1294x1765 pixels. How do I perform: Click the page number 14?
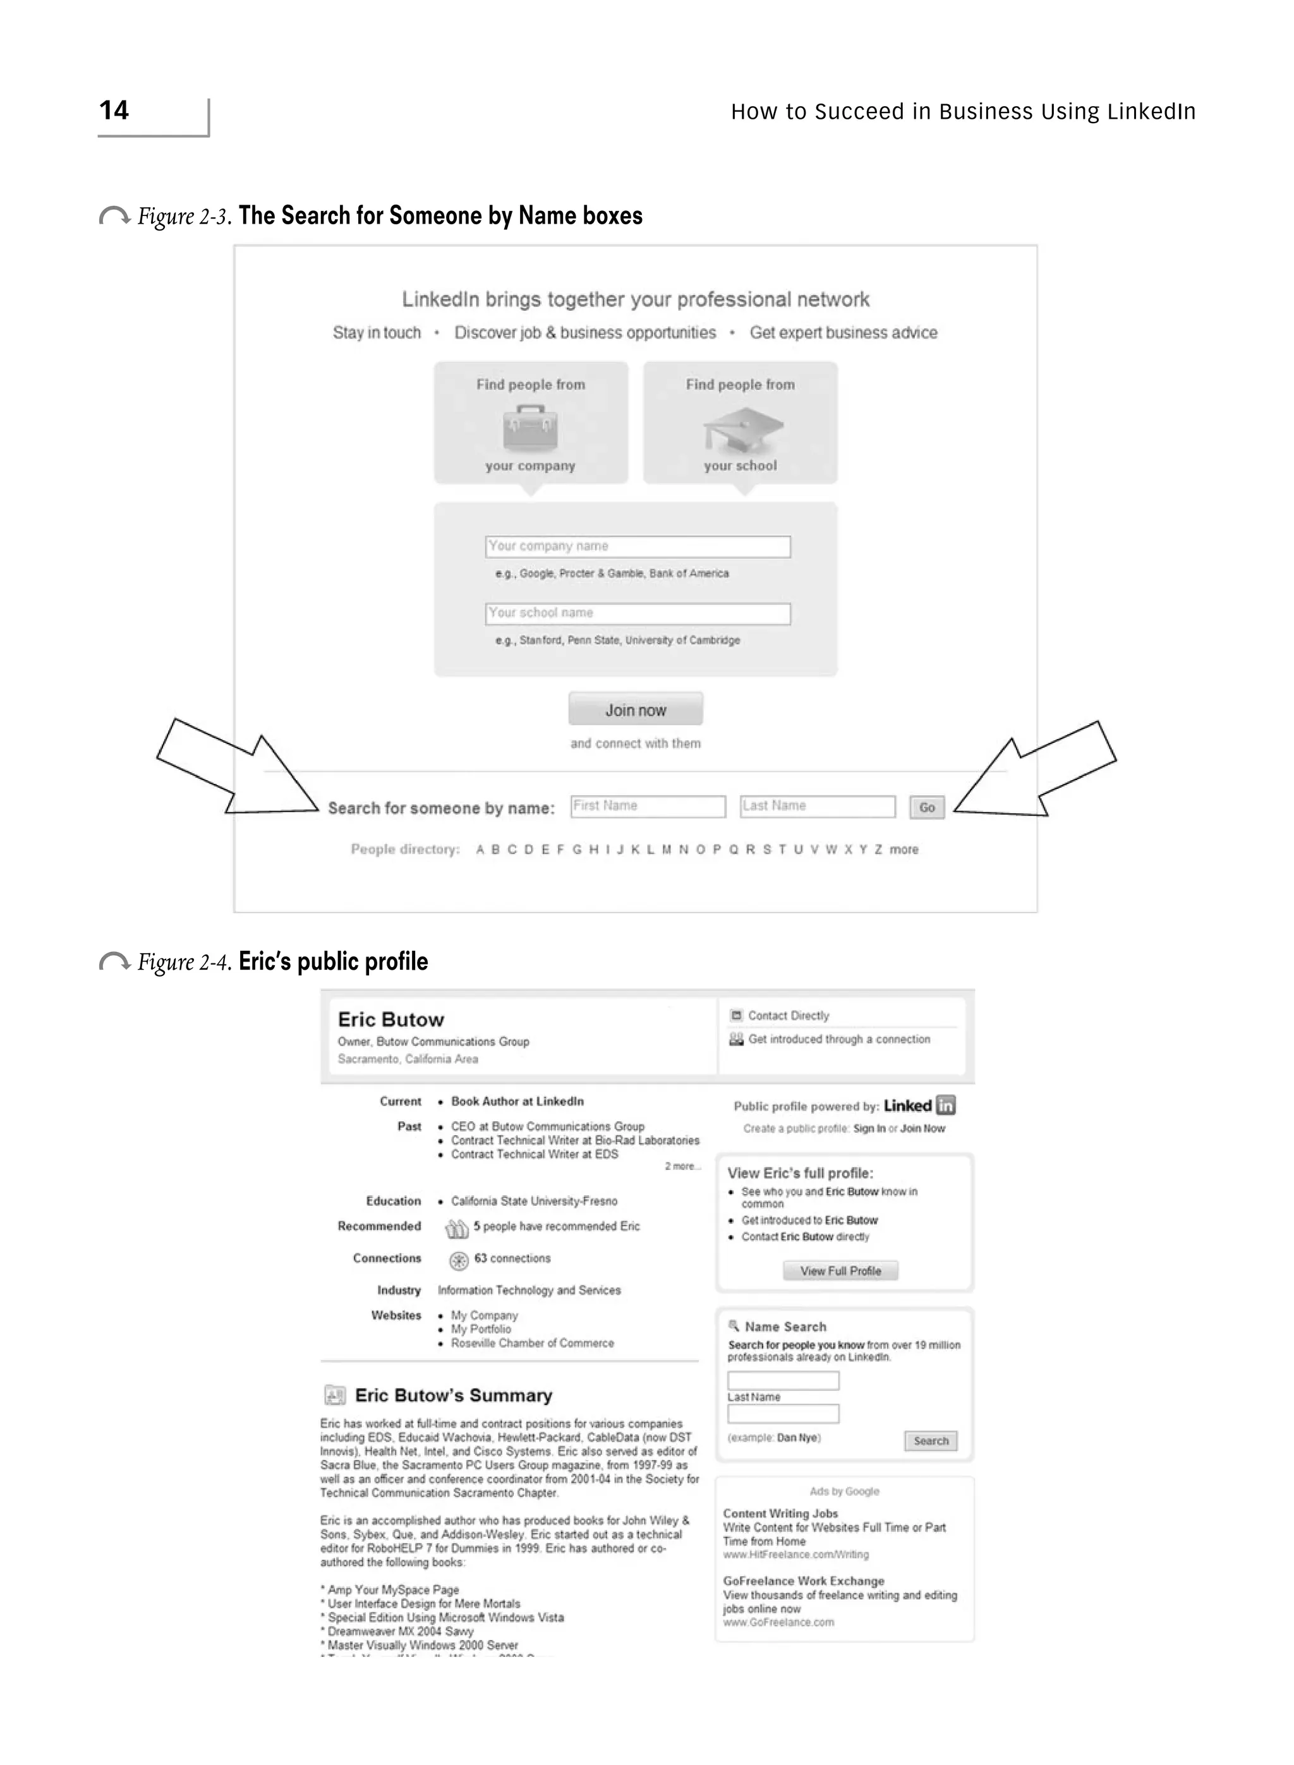pos(114,111)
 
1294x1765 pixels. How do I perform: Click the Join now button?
pos(635,709)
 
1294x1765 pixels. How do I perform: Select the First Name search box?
pos(648,806)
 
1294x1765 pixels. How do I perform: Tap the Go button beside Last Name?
pos(927,807)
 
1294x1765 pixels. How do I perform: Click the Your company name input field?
pos(638,546)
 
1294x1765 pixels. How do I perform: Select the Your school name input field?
pos(638,613)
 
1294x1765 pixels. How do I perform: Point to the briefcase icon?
pos(530,428)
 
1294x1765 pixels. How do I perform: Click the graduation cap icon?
pos(742,429)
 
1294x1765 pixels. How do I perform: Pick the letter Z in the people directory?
pos(878,850)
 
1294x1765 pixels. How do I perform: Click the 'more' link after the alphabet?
pos(904,850)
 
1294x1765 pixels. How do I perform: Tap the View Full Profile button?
pos(840,1271)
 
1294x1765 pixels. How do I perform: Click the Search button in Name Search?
pos(931,1441)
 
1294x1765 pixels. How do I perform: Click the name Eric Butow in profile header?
pos(391,1020)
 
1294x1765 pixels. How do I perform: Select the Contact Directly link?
pos(788,1016)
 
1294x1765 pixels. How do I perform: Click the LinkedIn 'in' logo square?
pos(946,1105)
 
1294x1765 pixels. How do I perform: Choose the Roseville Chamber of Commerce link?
pos(532,1343)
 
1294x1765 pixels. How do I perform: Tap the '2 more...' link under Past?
pos(682,1167)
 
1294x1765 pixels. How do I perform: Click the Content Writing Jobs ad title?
pos(780,1514)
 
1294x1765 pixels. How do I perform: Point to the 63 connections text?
pos(512,1258)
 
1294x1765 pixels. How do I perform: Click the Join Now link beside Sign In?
pos(922,1128)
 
